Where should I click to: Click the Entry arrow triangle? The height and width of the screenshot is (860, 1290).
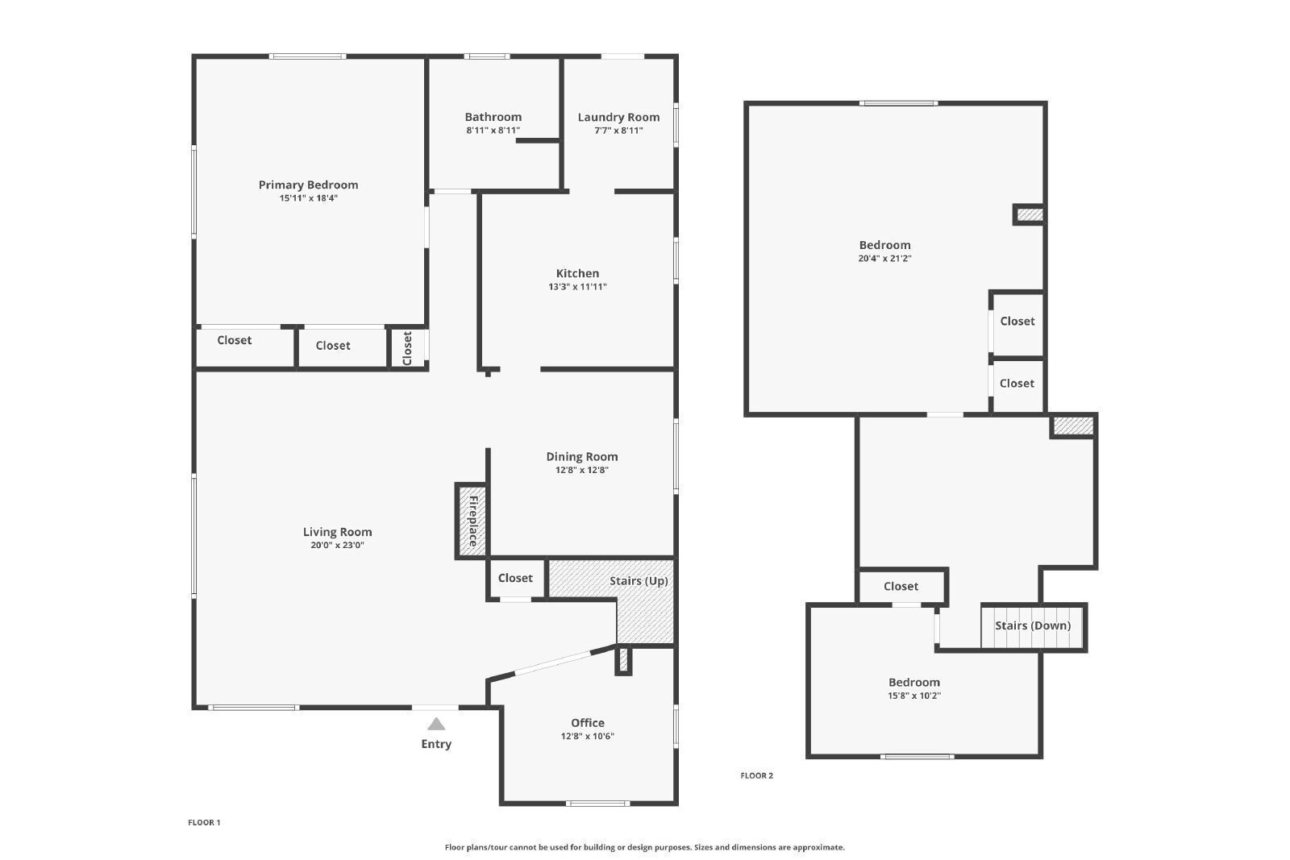436,724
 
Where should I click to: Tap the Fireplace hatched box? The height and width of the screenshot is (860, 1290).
472,521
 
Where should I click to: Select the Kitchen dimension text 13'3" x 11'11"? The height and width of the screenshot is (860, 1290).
577,287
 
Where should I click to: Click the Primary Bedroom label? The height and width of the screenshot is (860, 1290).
308,185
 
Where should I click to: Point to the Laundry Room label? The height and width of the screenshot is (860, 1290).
618,118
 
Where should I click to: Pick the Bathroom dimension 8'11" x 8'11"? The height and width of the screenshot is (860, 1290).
493,131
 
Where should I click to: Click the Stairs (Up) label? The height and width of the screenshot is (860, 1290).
639,581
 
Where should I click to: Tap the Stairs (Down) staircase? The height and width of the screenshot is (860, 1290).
1033,626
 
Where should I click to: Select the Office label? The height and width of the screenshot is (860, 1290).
588,723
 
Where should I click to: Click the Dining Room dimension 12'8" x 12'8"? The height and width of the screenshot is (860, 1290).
581,470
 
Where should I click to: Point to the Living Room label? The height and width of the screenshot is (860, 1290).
338,532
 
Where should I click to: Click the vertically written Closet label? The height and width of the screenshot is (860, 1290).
407,347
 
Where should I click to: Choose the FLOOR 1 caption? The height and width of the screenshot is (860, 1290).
204,823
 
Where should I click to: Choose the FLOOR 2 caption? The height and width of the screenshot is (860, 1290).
757,775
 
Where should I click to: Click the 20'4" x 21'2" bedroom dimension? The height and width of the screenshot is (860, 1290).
884,259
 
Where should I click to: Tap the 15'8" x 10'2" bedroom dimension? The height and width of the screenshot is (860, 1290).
914,696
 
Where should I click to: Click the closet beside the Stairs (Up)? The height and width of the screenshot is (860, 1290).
516,578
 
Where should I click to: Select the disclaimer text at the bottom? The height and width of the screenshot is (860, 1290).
644,847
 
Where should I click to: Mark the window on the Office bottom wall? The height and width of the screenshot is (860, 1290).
597,803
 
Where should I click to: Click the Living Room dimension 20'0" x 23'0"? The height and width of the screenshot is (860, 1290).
338,545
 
